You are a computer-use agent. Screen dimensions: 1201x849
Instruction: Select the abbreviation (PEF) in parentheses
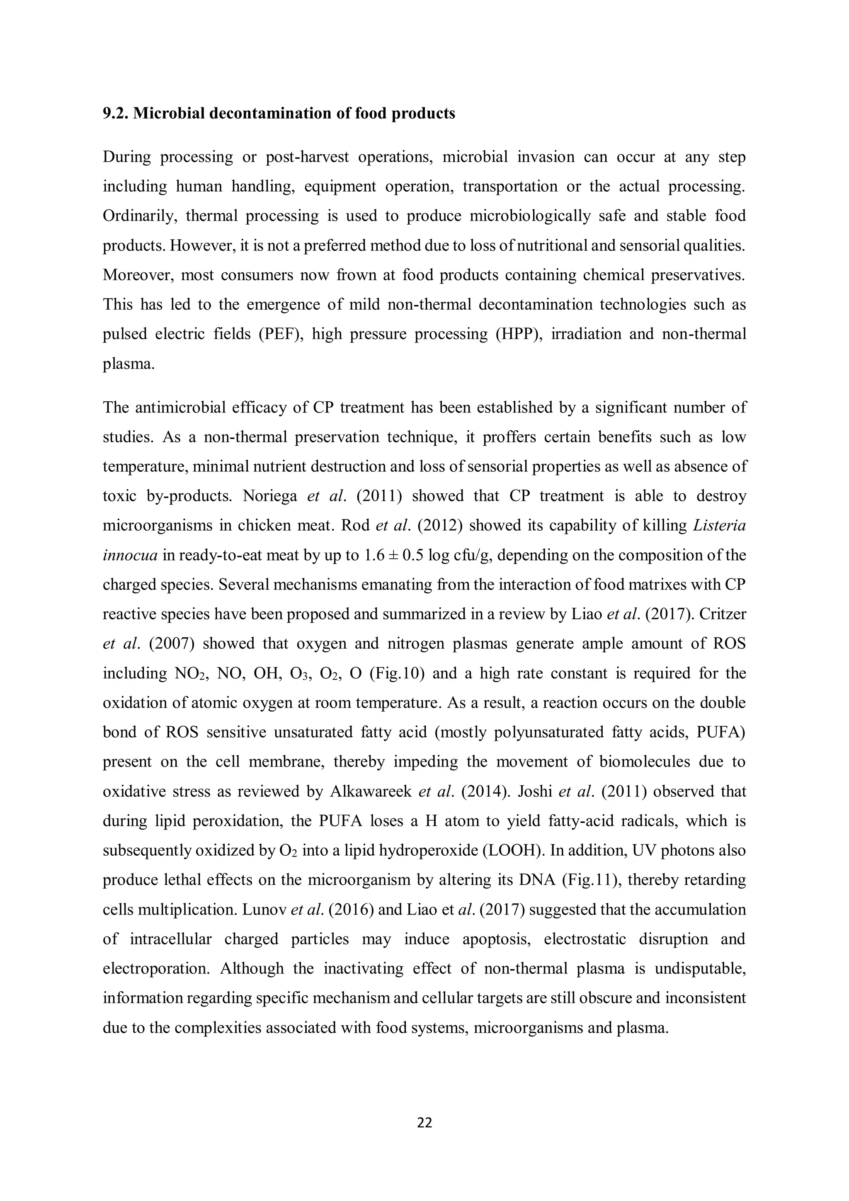(279, 334)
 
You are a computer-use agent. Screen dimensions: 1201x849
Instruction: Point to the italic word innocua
(130, 555)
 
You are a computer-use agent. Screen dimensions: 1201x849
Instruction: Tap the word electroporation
(156, 968)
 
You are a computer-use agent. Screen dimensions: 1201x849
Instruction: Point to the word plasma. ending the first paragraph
(129, 364)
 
